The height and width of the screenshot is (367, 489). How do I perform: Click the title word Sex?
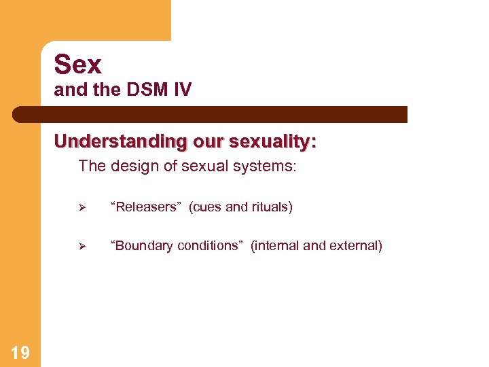[78, 65]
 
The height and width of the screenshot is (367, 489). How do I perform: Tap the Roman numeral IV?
[183, 90]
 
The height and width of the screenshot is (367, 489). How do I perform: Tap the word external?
[355, 245]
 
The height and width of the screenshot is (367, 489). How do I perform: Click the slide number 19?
[20, 352]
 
